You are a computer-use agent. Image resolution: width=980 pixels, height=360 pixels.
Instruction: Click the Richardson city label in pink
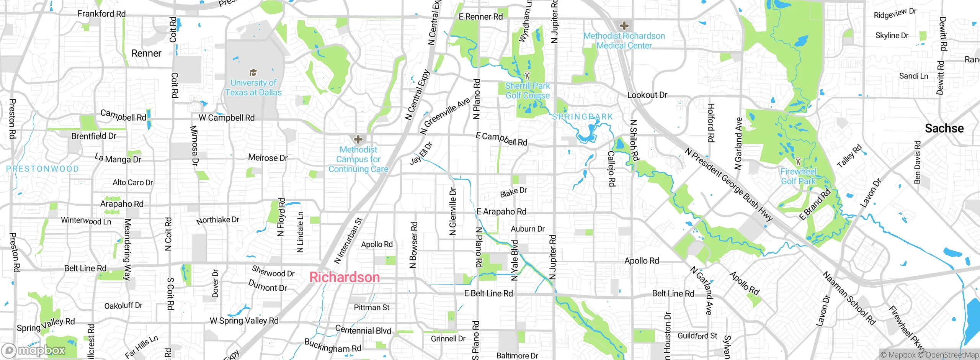pos(344,277)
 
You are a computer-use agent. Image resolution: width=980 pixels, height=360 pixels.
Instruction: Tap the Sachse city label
pos(944,128)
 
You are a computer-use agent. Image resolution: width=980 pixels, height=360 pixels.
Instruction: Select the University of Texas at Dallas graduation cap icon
pos(253,73)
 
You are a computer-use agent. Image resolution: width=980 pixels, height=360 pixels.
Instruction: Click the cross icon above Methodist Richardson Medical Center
pos(624,26)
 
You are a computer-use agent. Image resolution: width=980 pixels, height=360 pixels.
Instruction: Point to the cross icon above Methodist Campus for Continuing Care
pos(358,139)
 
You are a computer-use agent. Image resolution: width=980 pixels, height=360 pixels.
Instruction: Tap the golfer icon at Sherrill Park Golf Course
pos(527,75)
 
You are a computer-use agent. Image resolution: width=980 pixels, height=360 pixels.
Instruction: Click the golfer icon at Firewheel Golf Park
pos(798,161)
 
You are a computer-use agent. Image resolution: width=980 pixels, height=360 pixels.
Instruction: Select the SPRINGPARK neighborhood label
pos(582,117)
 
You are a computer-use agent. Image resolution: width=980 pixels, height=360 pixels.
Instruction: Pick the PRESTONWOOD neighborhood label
pos(42,169)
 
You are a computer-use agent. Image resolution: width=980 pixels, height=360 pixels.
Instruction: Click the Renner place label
pos(146,53)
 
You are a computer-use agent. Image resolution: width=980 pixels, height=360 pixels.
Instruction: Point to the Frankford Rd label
pos(101,14)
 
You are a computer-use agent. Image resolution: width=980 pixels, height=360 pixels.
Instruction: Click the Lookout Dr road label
pos(647,95)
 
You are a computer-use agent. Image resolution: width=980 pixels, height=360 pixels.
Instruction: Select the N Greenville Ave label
pos(445,116)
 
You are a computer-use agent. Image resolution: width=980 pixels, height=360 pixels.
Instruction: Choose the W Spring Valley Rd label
pos(244,321)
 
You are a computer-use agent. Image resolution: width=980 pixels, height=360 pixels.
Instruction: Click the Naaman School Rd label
pos(849,298)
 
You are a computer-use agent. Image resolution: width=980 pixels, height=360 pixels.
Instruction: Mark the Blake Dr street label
pos(513,192)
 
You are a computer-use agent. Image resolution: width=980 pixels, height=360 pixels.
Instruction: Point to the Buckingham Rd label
pos(333,345)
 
